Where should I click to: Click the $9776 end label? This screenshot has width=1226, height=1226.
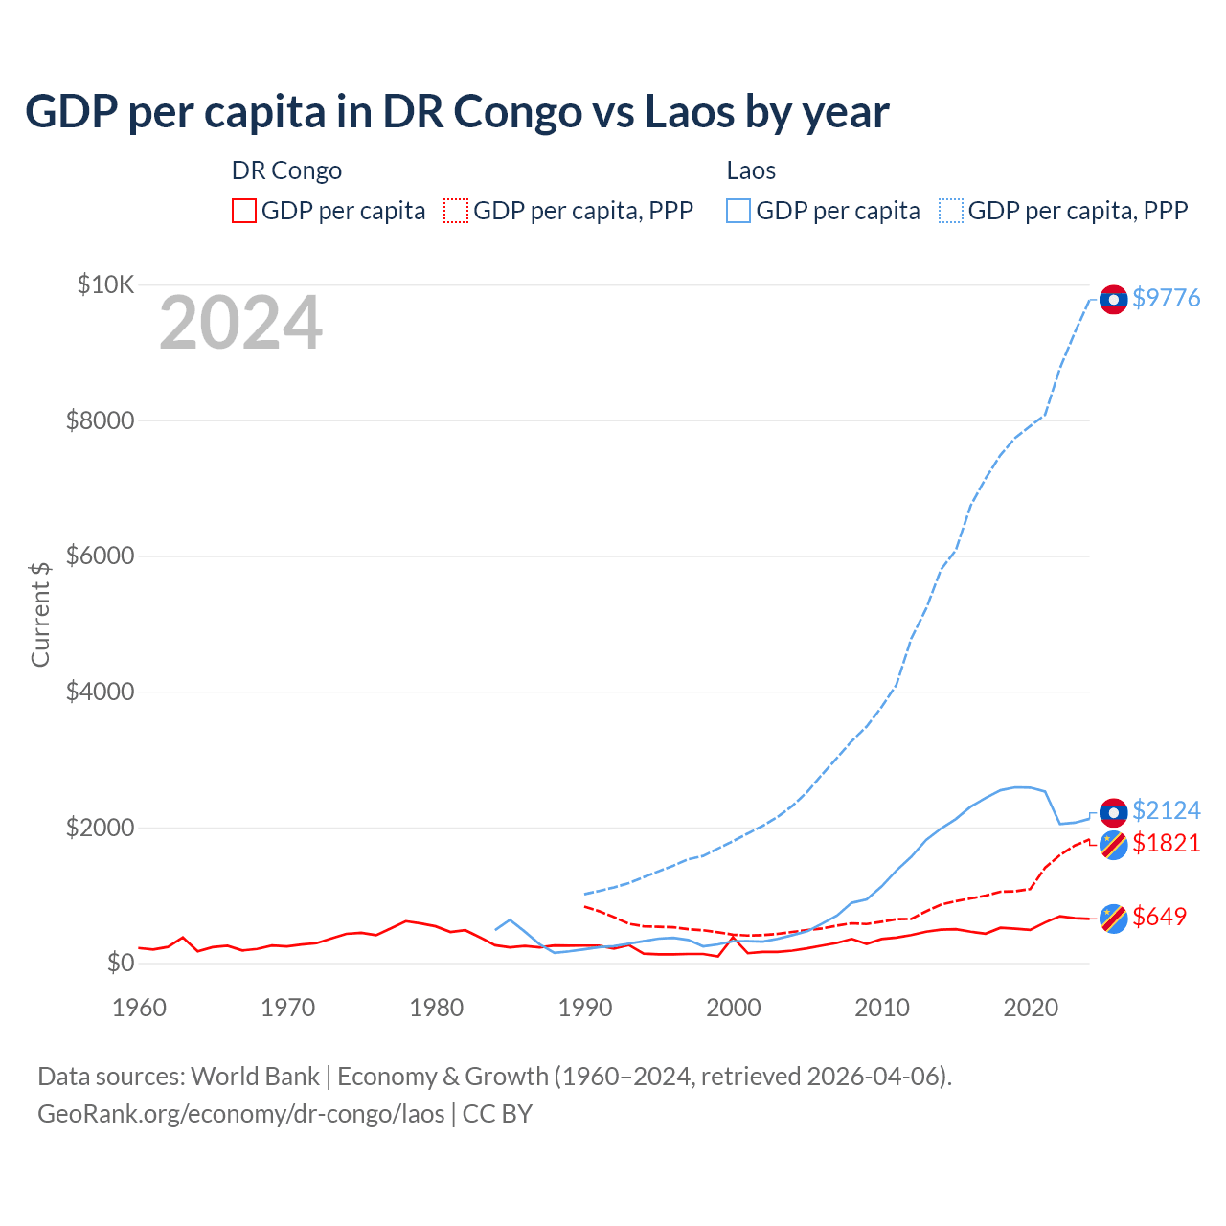click(x=1166, y=298)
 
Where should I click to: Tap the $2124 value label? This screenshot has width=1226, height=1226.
click(x=1166, y=810)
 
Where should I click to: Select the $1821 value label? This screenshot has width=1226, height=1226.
click(x=1166, y=843)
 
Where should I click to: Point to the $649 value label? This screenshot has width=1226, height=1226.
click(x=1159, y=917)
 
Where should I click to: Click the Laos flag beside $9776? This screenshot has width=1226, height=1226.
click(x=1113, y=300)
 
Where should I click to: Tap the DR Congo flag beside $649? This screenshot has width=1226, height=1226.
click(x=1113, y=919)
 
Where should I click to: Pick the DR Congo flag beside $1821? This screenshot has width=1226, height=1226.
click(x=1113, y=845)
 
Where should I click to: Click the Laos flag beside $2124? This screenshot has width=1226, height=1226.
click(x=1113, y=812)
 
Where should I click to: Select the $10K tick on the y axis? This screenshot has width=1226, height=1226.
click(x=106, y=284)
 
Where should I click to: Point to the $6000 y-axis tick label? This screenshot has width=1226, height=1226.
click(x=100, y=556)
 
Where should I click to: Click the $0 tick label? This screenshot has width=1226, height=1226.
click(x=120, y=963)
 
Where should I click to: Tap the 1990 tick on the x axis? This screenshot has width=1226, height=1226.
click(x=585, y=1008)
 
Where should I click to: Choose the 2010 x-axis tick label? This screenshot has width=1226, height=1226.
click(x=882, y=1008)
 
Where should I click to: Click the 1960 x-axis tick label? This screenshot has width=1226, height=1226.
click(x=140, y=1008)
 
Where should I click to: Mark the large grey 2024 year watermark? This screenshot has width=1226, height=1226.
click(x=240, y=324)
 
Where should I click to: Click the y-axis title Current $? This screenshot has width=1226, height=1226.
click(x=40, y=614)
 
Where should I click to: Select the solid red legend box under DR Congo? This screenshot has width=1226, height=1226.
click(x=244, y=211)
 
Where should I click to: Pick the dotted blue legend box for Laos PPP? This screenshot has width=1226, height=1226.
click(x=951, y=211)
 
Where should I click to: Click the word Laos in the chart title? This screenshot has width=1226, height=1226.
click(x=689, y=111)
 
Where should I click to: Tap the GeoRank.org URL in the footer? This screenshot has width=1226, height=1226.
click(x=240, y=1114)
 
